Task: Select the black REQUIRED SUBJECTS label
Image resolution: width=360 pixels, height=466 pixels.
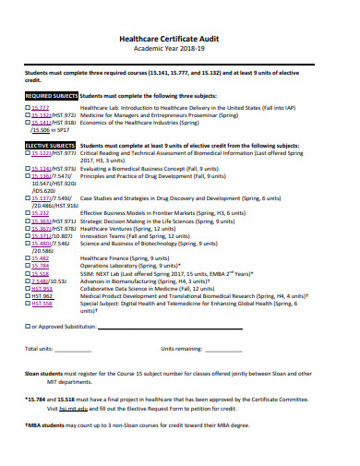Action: (51, 94)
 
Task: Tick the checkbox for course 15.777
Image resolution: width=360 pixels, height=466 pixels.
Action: (28, 107)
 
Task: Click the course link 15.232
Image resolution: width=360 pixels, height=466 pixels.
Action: (41, 211)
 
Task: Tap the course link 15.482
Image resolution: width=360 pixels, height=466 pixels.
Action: (41, 258)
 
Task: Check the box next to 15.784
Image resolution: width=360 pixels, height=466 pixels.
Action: (28, 266)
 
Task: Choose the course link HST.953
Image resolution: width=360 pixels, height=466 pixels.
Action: (42, 288)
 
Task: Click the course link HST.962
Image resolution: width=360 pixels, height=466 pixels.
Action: (42, 295)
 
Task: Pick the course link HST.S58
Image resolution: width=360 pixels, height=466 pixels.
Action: (42, 303)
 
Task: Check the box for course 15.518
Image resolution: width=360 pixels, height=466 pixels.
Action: (28, 273)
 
